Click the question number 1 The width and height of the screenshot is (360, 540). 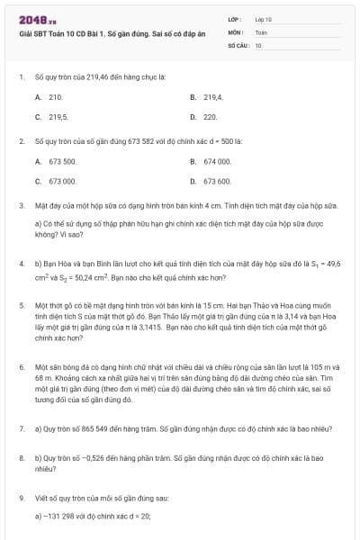(x=21, y=77)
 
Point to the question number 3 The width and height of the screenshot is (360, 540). (x=21, y=205)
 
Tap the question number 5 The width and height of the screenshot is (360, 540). (x=21, y=305)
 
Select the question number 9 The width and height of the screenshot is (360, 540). (x=21, y=497)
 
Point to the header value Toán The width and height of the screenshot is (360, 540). (x=261, y=31)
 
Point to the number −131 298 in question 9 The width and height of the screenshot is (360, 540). (x=59, y=516)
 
